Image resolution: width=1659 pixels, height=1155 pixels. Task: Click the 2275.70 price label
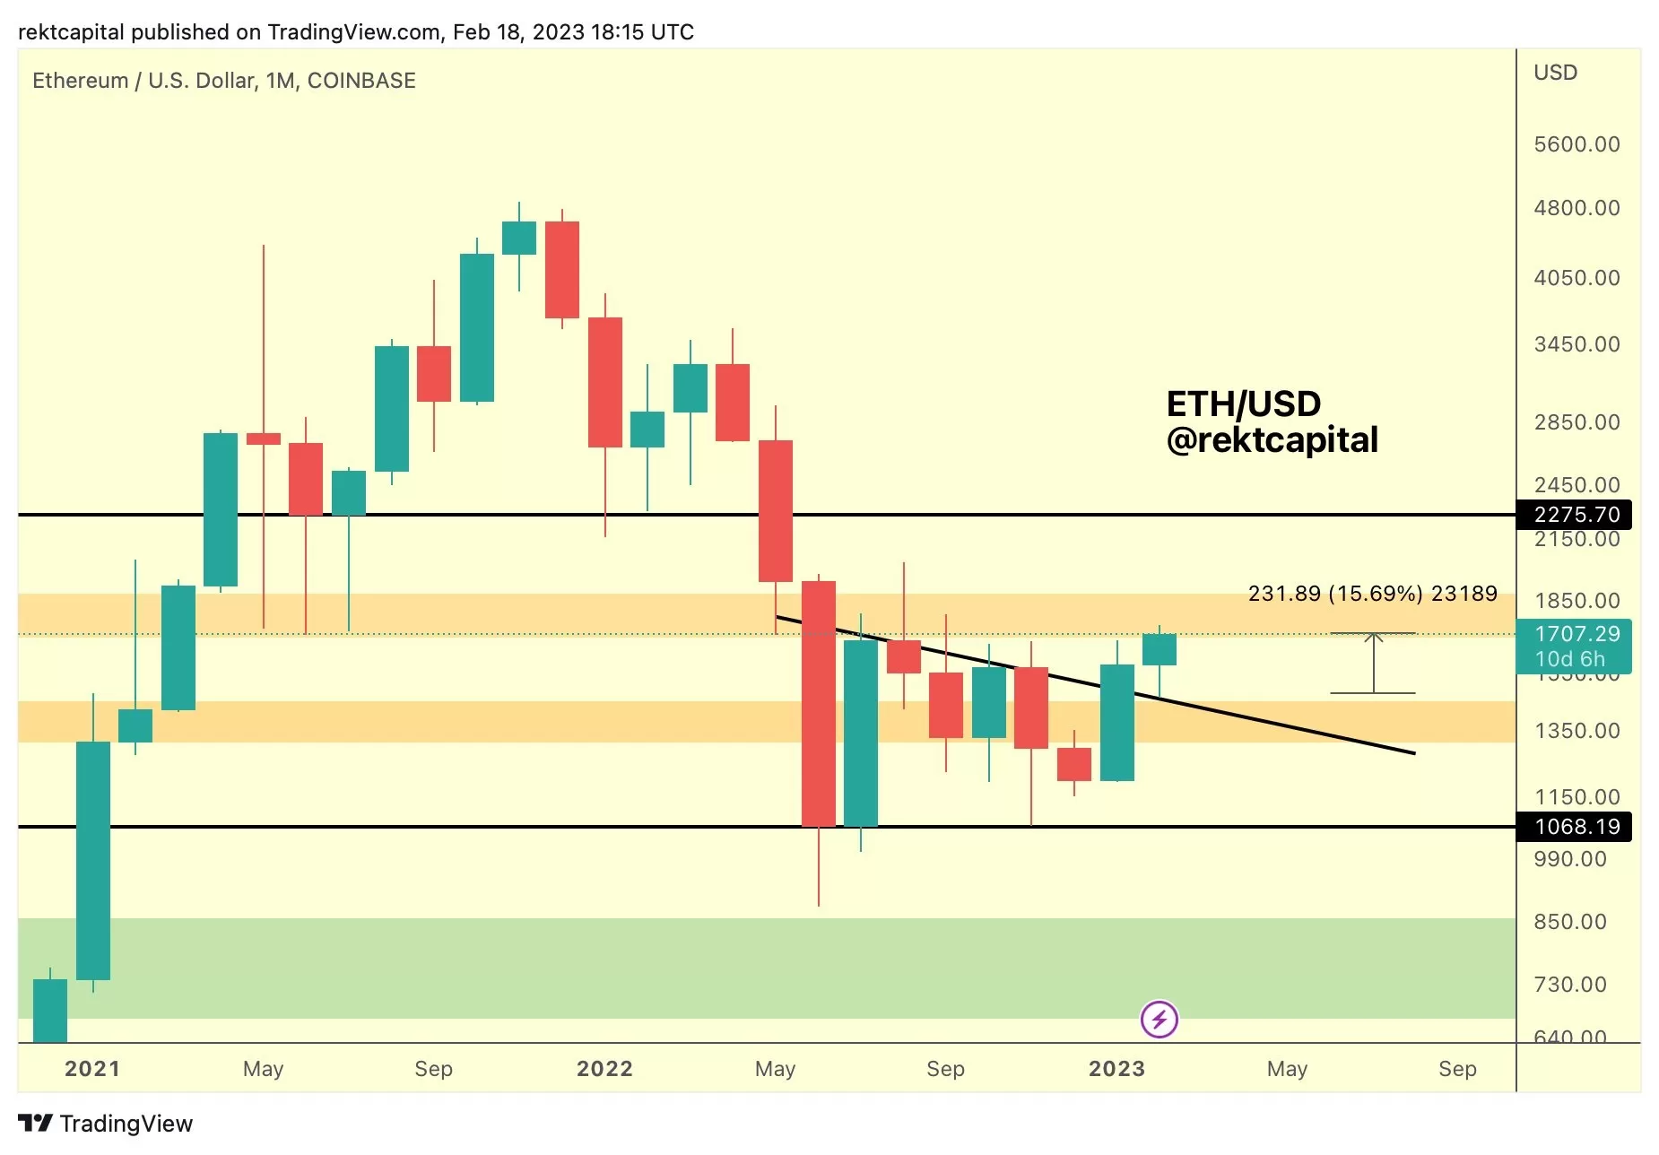coord(1576,515)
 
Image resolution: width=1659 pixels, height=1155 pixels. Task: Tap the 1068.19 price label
coord(1576,826)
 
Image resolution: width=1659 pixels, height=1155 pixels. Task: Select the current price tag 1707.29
coord(1576,635)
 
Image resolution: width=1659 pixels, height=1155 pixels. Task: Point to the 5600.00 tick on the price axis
coord(1576,144)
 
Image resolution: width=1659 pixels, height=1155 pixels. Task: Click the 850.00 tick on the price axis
coord(1569,922)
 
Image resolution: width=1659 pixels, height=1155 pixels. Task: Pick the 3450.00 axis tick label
coord(1576,344)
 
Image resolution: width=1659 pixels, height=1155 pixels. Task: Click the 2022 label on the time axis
coord(604,1069)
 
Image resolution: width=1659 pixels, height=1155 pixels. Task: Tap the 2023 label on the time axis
coord(1116,1069)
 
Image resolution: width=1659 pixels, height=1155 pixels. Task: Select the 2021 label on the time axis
coord(92,1069)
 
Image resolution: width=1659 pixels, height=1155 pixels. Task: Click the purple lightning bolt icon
coord(1159,1020)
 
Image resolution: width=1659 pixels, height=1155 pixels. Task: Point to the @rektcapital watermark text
coord(1272,440)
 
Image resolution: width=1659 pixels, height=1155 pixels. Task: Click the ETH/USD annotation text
coord(1243,404)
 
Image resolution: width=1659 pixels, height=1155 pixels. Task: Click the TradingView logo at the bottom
coord(106,1124)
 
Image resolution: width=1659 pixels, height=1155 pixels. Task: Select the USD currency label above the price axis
coord(1555,73)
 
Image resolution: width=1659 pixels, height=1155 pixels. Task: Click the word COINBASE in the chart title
coord(361,81)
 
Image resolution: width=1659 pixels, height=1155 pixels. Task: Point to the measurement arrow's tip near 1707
coord(1373,636)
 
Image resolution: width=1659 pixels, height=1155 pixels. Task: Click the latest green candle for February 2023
coord(1159,649)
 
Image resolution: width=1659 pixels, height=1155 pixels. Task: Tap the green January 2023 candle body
coord(1116,723)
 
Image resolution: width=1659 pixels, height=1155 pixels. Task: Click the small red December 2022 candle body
coord(1073,764)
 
